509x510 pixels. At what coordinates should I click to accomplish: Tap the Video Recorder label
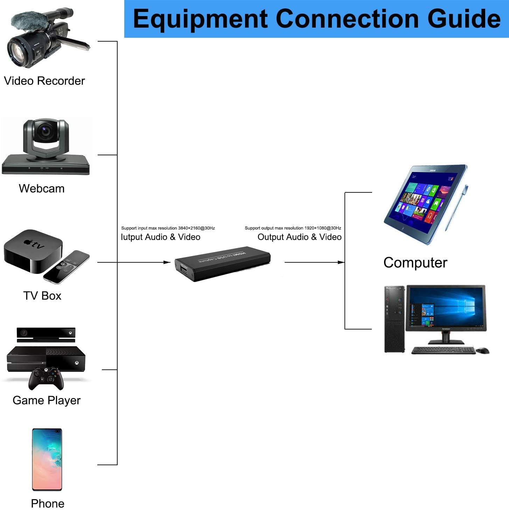44,81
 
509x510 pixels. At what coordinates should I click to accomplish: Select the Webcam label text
42,189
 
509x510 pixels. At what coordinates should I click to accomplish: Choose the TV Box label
42,296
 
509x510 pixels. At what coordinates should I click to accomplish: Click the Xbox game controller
46,378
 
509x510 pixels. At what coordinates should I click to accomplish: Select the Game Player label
47,400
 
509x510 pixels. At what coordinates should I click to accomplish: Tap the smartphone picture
47,459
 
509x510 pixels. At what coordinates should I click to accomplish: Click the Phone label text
48,503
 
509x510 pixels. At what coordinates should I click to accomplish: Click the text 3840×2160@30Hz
196,228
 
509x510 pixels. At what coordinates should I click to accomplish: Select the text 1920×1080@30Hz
323,228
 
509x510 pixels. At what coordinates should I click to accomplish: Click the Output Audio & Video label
299,237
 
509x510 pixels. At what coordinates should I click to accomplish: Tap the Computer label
415,263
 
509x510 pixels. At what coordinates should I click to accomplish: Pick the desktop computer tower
394,319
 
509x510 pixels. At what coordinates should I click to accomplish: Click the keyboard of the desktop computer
443,350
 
